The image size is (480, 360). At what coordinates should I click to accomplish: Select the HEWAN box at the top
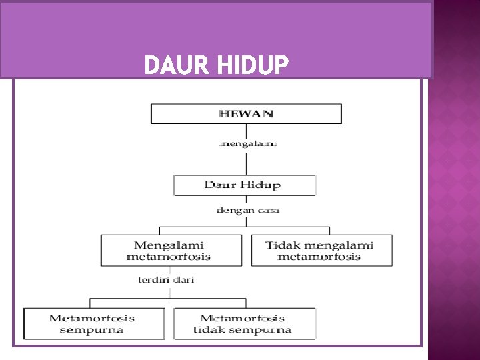[246, 113]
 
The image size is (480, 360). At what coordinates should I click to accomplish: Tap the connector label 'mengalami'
[247, 142]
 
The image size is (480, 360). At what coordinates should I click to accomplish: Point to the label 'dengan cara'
[247, 210]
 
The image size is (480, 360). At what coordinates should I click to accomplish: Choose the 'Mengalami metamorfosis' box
[171, 251]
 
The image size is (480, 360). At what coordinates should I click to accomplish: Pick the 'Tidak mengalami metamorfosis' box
[321, 251]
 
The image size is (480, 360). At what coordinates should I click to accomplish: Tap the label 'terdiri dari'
[166, 279]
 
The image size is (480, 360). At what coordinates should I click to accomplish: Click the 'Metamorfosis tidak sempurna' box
[243, 323]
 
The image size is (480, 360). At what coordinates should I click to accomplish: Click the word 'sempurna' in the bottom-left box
[91, 329]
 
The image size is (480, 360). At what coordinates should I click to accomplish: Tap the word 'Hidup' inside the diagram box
[262, 185]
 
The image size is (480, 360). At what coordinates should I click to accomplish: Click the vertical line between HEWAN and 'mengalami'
[247, 130]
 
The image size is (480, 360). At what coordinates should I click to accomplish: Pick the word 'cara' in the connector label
[267, 210]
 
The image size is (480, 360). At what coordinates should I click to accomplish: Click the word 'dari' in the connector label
[183, 279]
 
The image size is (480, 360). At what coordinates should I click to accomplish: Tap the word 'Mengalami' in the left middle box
[169, 245]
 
